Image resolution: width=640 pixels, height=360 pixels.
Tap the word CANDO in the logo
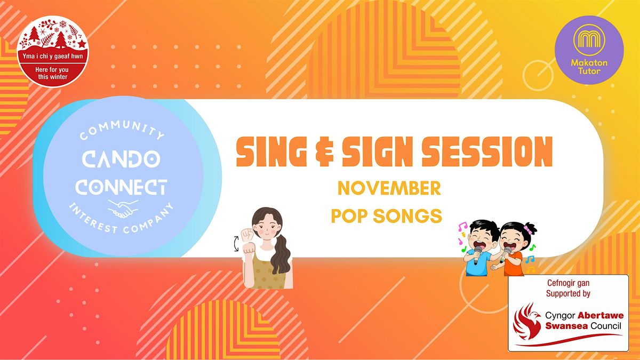tap(121, 161)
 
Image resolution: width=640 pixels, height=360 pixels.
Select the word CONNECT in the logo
tap(121, 187)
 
